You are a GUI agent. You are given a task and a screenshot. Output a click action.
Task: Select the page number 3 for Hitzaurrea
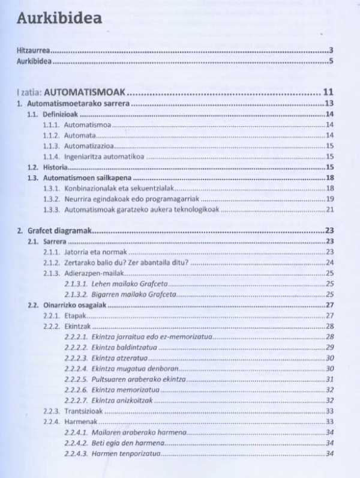point(331,50)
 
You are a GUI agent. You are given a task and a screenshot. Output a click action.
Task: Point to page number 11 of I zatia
point(328,92)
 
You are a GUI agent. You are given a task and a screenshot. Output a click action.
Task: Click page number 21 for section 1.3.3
point(329,210)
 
